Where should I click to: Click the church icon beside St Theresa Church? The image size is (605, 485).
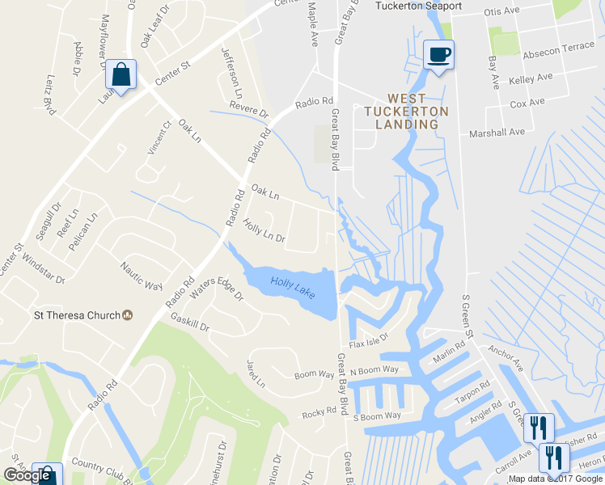(x=127, y=315)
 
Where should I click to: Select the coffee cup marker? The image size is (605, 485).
(x=438, y=54)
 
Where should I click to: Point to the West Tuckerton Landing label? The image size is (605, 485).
(x=401, y=116)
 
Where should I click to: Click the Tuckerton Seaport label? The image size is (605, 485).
(x=418, y=6)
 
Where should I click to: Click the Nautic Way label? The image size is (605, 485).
(x=142, y=276)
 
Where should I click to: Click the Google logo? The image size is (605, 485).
(x=27, y=475)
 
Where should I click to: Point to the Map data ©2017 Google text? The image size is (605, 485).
(x=556, y=479)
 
